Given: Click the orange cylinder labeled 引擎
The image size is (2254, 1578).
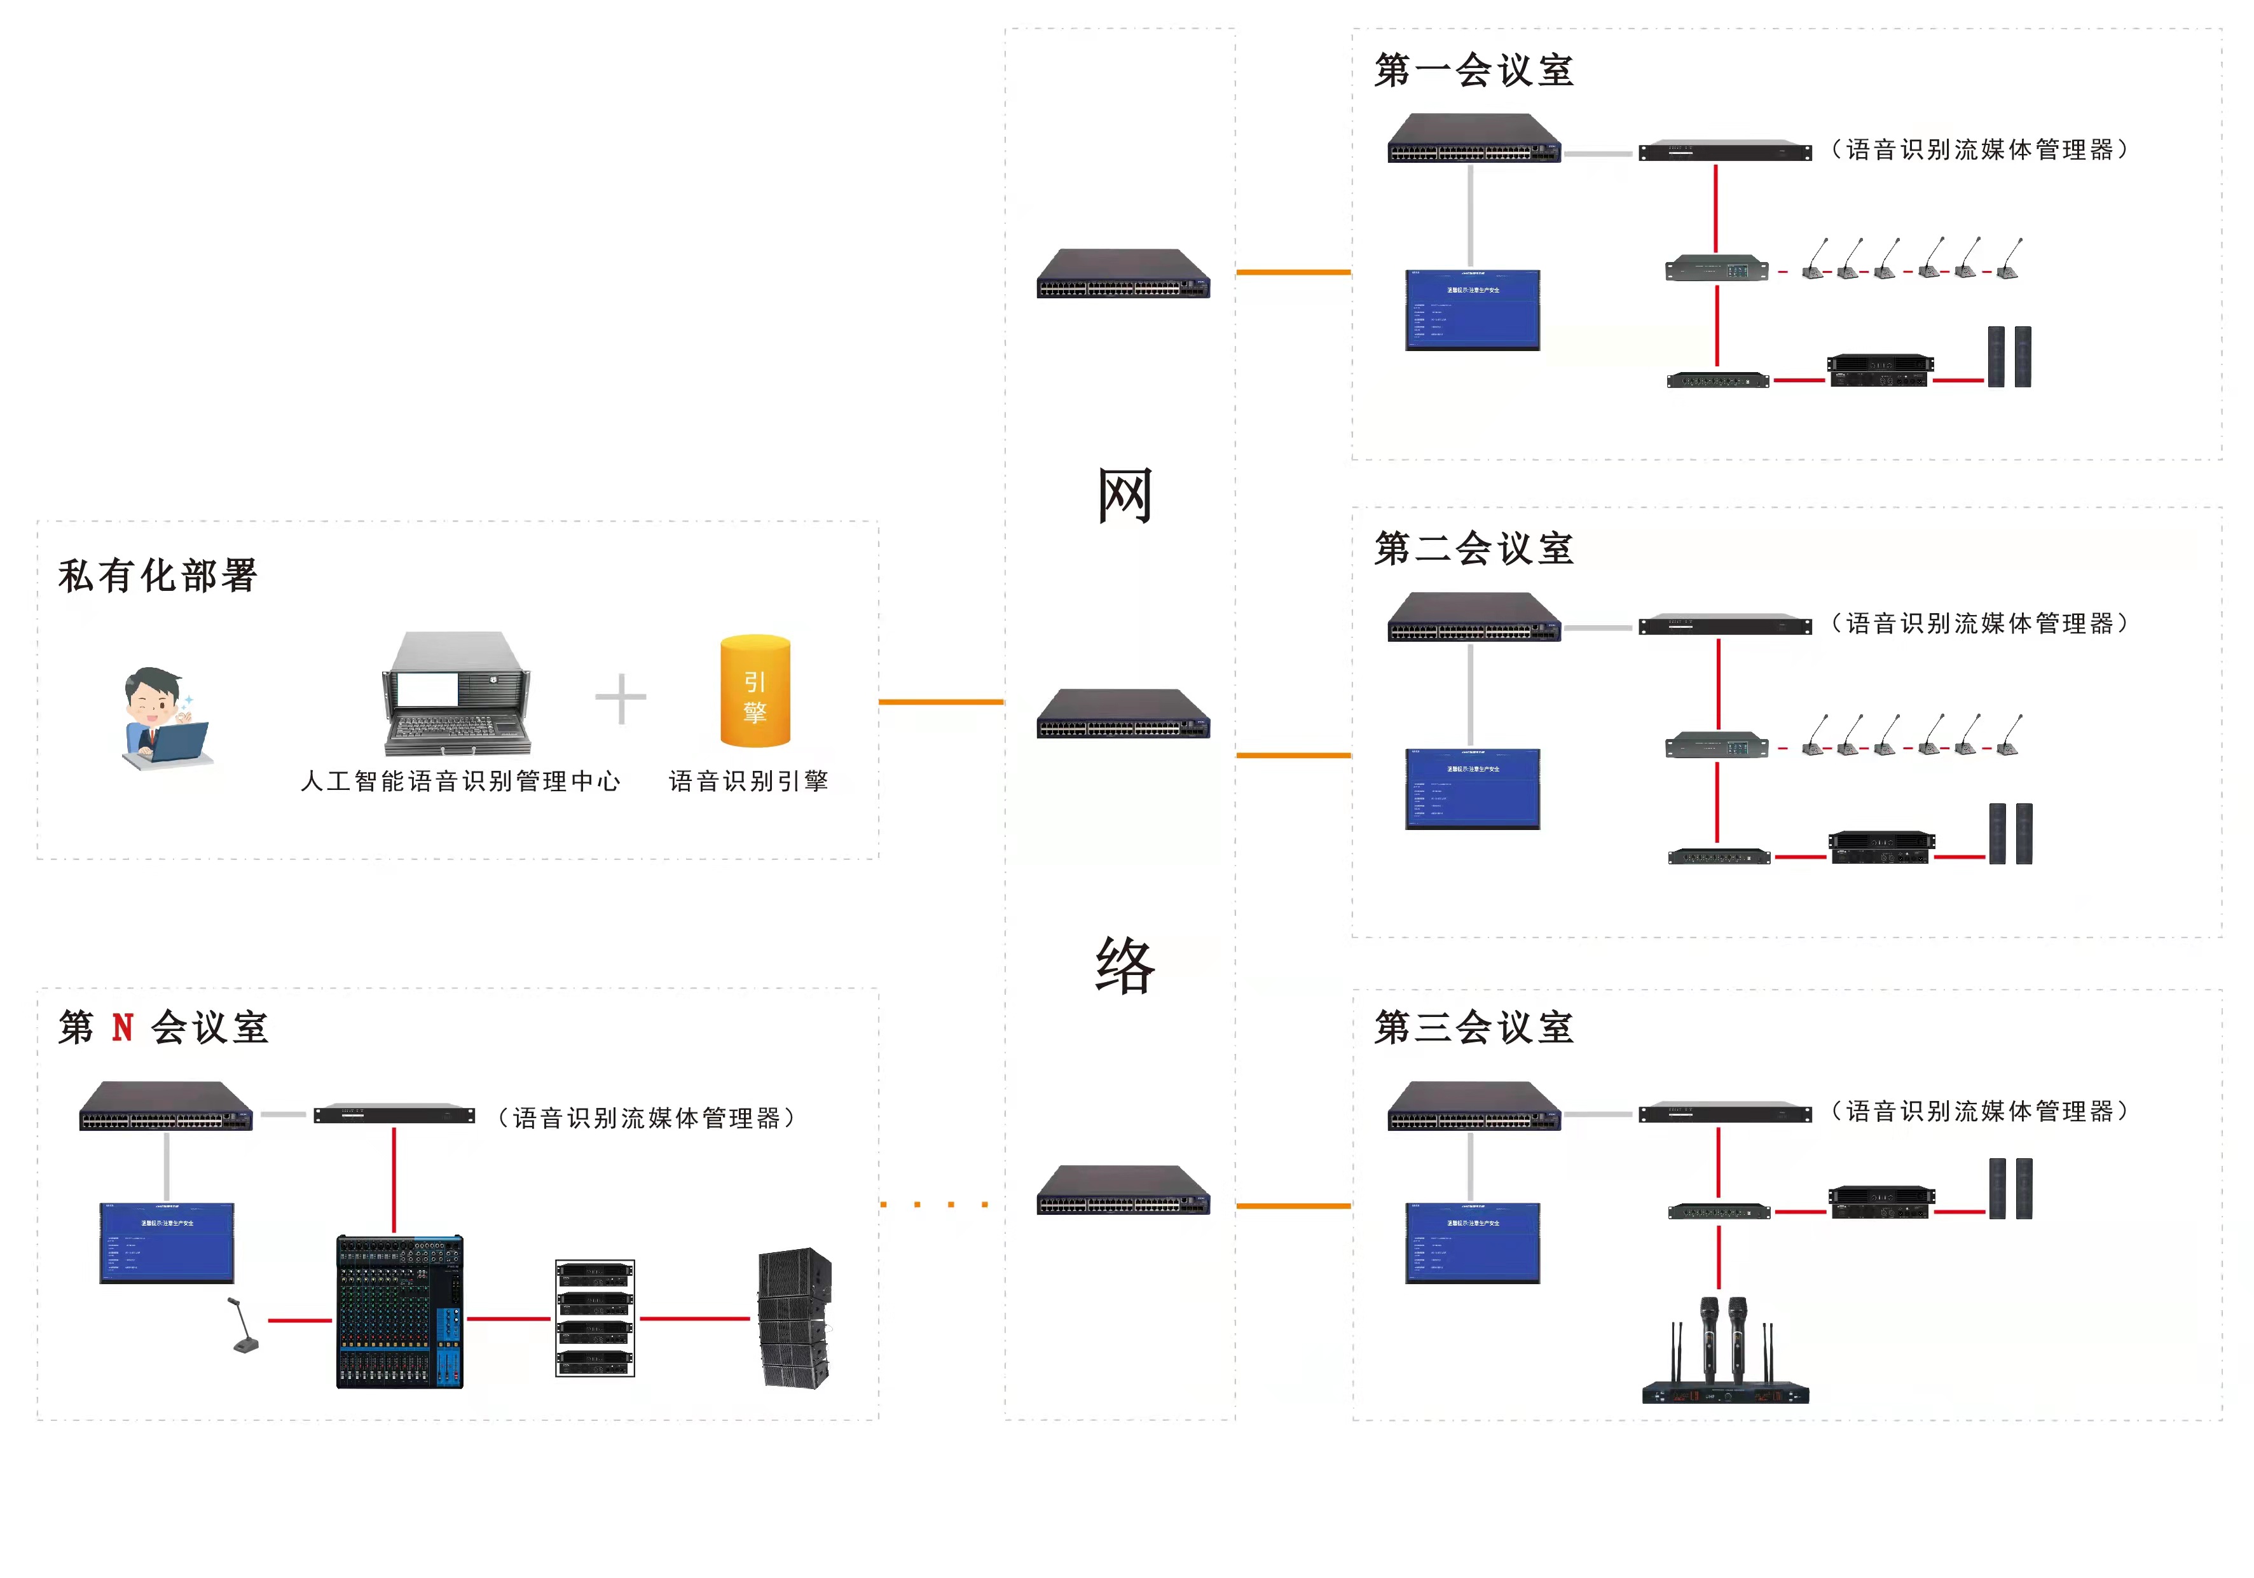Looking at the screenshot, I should (x=755, y=691).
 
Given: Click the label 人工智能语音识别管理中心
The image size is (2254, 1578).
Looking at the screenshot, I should (x=460, y=782).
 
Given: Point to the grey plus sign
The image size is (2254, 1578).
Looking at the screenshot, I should (x=621, y=698).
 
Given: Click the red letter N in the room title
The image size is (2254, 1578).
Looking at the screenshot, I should (x=123, y=1028).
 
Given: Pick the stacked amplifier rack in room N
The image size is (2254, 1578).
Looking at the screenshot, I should (x=595, y=1318).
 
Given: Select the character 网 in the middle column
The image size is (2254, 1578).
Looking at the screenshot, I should (x=1124, y=496).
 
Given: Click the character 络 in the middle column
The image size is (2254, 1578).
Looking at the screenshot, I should (x=1125, y=965).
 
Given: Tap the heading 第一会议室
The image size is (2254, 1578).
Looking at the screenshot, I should (x=1474, y=71).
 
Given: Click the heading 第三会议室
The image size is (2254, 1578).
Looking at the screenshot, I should (x=1474, y=1028).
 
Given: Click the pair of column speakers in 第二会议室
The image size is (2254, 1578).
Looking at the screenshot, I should (x=2010, y=834).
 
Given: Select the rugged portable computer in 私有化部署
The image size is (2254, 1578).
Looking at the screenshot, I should (x=457, y=693).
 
